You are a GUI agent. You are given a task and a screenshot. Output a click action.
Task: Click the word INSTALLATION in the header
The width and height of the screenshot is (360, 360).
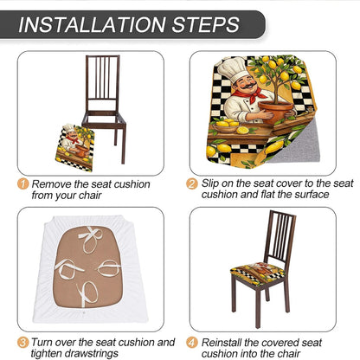[x=93, y=24]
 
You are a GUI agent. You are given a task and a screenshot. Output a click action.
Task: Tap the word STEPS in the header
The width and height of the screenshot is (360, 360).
[x=206, y=24]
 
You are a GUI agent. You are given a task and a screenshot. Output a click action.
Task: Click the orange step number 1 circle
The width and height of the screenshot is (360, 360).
[x=23, y=183]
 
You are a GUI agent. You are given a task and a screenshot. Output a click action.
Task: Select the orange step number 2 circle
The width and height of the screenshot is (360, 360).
[x=192, y=183]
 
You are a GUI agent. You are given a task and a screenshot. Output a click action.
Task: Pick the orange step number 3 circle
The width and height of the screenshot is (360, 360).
[x=22, y=343]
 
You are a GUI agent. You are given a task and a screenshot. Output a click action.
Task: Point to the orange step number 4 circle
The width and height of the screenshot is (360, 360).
[x=192, y=343]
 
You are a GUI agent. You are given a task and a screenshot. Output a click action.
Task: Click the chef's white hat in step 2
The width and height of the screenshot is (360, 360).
[x=233, y=69]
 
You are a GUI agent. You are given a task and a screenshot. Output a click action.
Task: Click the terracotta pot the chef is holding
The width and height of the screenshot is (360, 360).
[x=275, y=112]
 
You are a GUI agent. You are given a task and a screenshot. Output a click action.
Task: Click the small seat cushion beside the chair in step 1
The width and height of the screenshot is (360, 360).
[x=75, y=147]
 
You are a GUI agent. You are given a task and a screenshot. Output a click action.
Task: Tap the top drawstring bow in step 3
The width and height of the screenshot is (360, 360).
[x=91, y=239]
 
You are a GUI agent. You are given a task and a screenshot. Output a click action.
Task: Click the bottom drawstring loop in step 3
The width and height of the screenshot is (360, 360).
[x=87, y=292]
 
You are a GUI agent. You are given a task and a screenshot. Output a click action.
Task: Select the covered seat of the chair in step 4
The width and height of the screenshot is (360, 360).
[x=257, y=273]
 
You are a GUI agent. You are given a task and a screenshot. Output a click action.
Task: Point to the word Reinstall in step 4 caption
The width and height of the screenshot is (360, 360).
[x=222, y=343]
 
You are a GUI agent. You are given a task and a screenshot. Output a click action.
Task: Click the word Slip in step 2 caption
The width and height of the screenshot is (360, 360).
[x=210, y=183]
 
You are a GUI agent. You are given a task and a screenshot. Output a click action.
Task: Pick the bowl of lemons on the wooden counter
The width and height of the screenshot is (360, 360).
[x=227, y=126]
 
